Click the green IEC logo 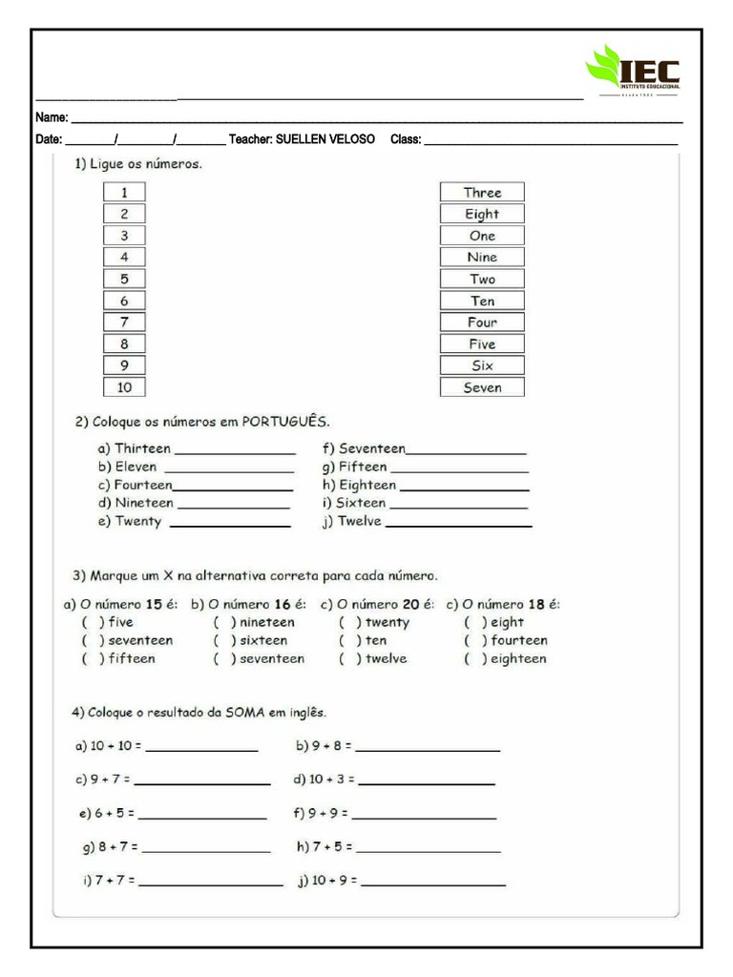click(x=632, y=71)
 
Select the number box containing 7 click(x=124, y=322)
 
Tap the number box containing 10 click(x=124, y=387)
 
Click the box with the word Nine click(x=482, y=258)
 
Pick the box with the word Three click(x=482, y=193)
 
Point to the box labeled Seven click(x=482, y=387)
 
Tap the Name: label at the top click(x=52, y=118)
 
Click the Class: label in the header click(x=406, y=139)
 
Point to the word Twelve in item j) click(x=359, y=522)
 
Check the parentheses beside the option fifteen click(x=93, y=659)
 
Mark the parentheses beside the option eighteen click(x=475, y=659)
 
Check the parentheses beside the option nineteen click(x=224, y=622)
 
